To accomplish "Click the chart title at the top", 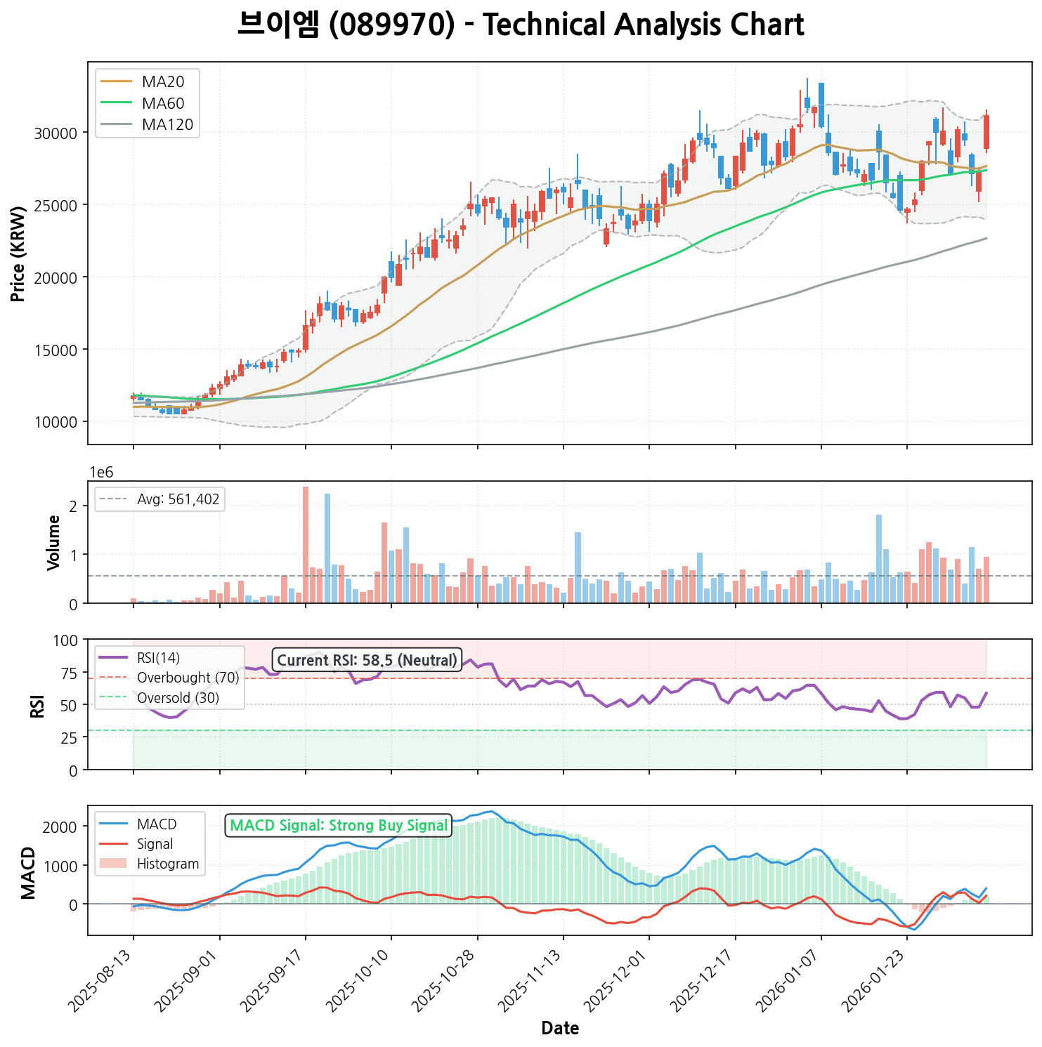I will coord(521,25).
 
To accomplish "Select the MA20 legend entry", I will coord(162,82).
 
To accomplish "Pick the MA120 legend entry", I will coord(167,125).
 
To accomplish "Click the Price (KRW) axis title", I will coord(18,253).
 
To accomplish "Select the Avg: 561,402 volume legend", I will coord(178,500).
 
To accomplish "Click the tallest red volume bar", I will coord(306,544).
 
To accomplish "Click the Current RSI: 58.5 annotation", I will coord(367,660).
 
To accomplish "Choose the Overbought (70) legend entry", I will coord(188,678).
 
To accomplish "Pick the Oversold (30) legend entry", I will coord(178,698).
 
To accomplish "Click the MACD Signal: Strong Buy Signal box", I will coord(339,826).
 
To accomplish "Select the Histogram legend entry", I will coord(168,864).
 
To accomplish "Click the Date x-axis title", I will coord(560,1029).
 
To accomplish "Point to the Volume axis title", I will coord(53,543).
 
